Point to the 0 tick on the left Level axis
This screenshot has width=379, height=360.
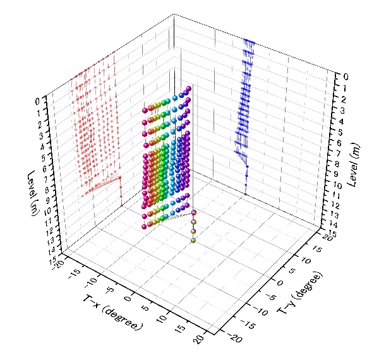coord(39,100)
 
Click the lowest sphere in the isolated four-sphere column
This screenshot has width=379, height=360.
coord(193,239)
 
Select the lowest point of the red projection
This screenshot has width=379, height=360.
coord(121,205)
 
